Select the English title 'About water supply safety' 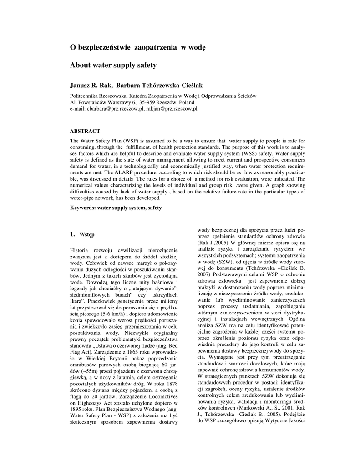click(x=113, y=65)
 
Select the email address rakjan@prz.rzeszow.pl click(x=172, y=109)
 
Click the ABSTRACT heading click(x=85, y=131)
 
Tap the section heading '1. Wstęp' click(x=82, y=235)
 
